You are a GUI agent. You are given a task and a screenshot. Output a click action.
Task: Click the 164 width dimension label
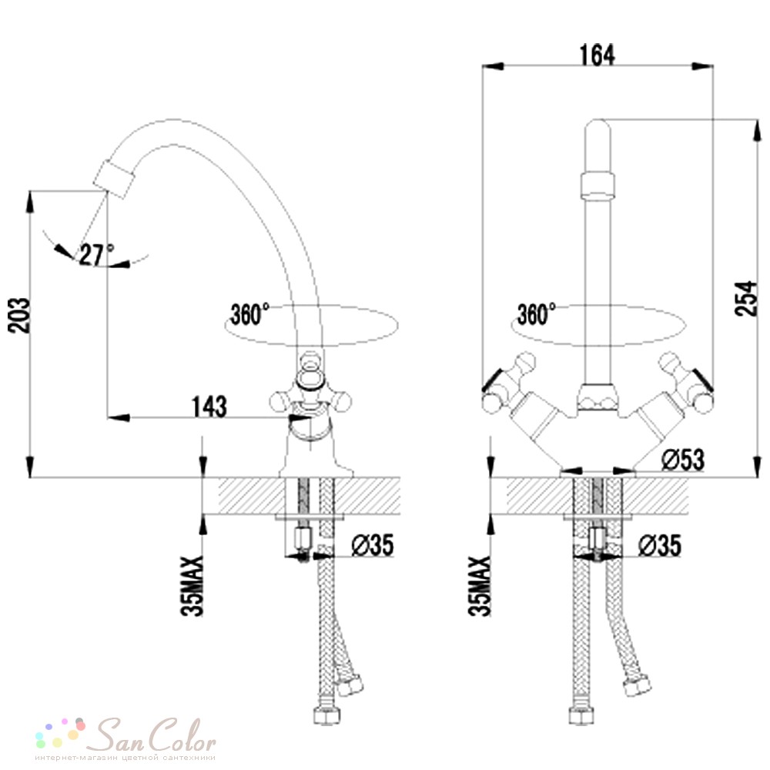[x=597, y=55]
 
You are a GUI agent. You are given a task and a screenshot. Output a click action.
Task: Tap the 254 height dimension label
[x=745, y=298]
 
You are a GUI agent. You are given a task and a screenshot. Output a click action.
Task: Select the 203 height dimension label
[x=18, y=315]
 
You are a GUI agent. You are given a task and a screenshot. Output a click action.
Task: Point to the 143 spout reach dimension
[x=209, y=406]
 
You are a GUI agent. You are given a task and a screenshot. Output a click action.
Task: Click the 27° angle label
[x=97, y=254]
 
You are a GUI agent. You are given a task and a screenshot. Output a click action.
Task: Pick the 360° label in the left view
[x=250, y=314]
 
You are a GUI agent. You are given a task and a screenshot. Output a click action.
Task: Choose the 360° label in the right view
[x=537, y=314]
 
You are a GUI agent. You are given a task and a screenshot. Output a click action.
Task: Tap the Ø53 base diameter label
[x=682, y=459]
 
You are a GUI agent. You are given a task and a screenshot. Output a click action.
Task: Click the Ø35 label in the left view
[x=373, y=544]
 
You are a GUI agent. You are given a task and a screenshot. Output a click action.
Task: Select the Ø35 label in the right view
[x=660, y=545]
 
